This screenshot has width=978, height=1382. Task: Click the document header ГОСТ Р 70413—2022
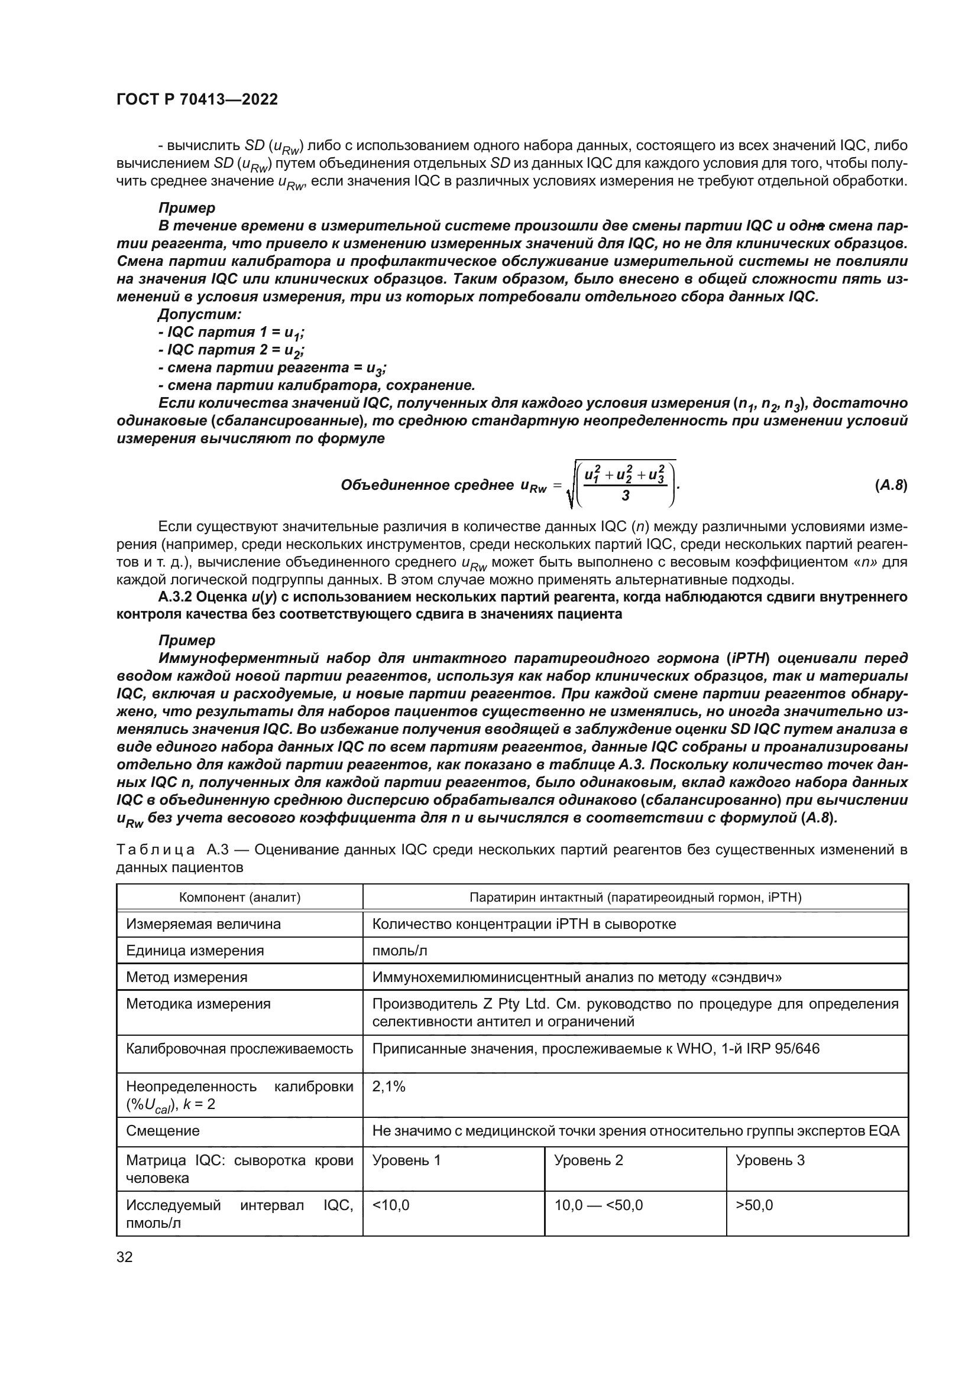tap(197, 100)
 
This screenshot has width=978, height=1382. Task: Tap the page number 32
tap(124, 1257)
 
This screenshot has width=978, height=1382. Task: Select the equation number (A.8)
tap(890, 486)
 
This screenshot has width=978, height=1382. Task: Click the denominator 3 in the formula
tap(626, 496)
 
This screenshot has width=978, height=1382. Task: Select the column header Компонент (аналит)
tap(239, 898)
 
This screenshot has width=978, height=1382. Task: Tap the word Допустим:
tap(199, 314)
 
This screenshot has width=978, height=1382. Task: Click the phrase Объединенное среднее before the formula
tap(426, 486)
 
